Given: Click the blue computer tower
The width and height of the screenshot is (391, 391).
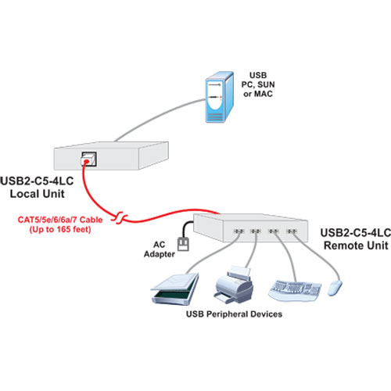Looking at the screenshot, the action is point(220,97).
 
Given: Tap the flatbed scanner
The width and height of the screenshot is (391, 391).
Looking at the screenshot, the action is point(175,289).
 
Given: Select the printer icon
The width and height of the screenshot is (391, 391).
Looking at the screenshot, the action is point(234,285).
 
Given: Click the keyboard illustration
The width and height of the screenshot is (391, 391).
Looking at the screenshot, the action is point(295,291).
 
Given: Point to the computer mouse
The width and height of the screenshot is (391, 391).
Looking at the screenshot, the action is point(335,288).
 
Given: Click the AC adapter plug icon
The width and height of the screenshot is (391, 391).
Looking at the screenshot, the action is point(183,244).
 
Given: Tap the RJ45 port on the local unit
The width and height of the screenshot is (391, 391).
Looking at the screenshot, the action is point(88,159).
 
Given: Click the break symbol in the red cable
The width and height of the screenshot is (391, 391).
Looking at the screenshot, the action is point(120,217).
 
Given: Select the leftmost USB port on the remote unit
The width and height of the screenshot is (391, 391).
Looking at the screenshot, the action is point(239,231).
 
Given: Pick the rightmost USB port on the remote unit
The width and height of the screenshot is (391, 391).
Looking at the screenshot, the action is point(292,231).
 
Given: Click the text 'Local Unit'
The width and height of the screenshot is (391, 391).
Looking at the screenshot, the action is point(38,194).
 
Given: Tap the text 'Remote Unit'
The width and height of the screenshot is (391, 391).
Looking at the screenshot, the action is point(356,246).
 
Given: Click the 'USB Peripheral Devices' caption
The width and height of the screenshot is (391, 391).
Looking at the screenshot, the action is point(234,314).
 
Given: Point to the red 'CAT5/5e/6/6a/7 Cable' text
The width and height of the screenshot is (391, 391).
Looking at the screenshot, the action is point(60,220).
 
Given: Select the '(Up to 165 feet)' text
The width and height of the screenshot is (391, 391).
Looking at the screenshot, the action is point(60,229).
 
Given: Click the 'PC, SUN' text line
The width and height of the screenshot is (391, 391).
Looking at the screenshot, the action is point(258,84).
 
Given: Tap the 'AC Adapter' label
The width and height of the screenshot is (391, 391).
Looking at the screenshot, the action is point(159,249).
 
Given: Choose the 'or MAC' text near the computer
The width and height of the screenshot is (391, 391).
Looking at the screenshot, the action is point(258,94).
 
